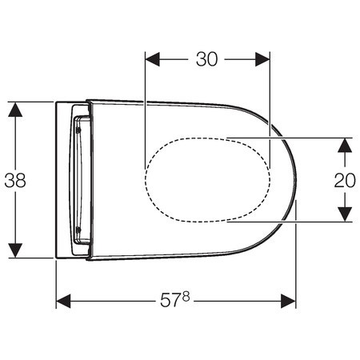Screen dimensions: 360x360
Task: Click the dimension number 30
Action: tap(207, 59)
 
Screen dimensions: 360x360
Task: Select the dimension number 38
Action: tap(15, 181)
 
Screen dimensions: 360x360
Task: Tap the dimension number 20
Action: tap(345, 181)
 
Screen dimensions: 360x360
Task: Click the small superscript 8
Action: tap(186, 296)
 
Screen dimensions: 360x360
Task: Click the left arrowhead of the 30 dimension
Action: tap(152, 59)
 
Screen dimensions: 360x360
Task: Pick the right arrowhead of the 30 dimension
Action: tap(262, 59)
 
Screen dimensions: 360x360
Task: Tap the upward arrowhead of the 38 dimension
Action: tap(15, 110)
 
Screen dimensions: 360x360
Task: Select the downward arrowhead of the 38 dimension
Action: tap(15, 250)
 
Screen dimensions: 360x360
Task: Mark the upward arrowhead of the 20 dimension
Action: tap(345, 146)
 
